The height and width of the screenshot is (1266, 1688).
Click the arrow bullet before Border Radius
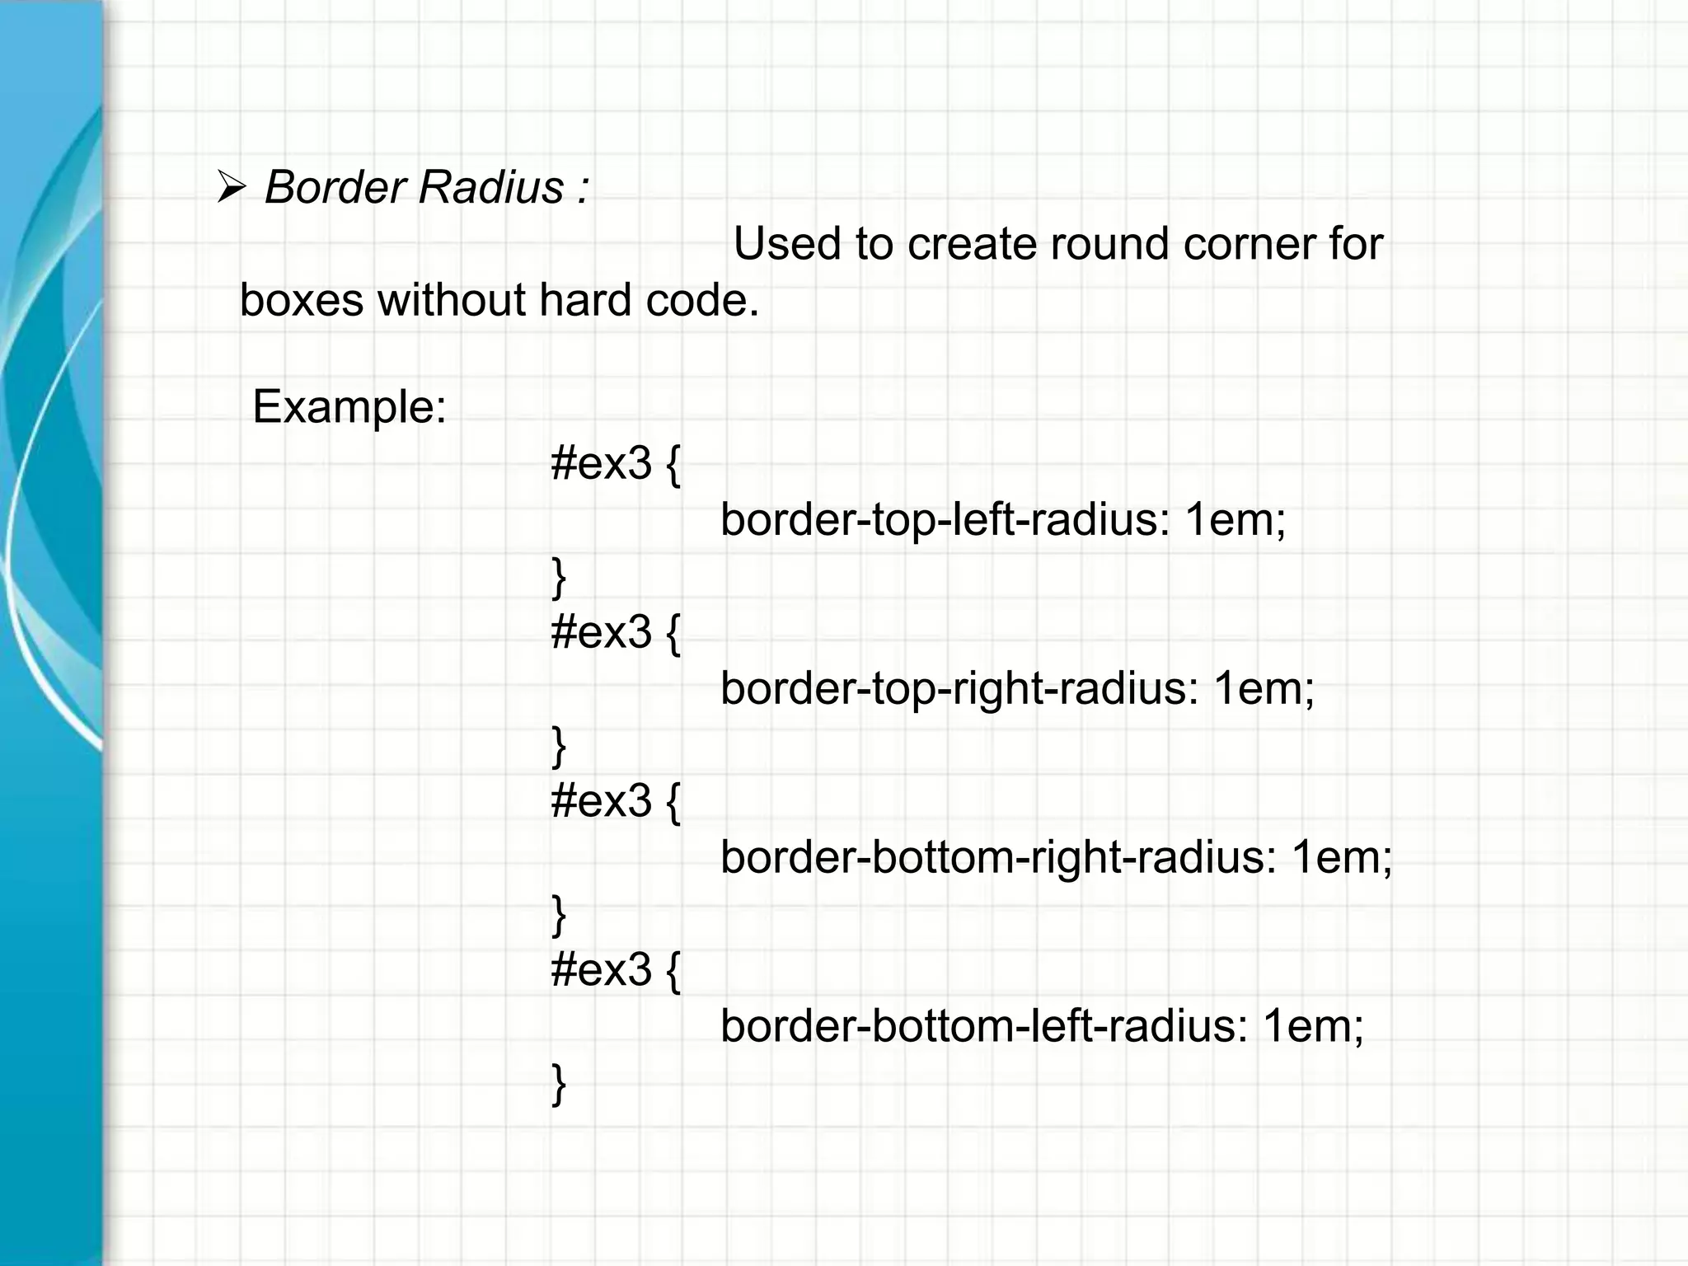pos(231,188)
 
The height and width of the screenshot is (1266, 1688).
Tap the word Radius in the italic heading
pos(490,187)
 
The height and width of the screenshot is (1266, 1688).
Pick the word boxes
pos(301,299)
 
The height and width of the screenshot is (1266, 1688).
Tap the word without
pos(452,299)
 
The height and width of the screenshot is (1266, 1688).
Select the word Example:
pos(349,406)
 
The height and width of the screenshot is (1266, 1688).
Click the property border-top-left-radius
pos(945,520)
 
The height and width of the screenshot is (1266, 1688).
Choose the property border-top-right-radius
pos(959,688)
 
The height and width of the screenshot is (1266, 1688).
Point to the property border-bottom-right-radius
pos(997,857)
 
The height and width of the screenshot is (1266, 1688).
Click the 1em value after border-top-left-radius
pos(1234,520)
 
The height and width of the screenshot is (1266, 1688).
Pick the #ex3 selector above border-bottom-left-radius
pos(602,969)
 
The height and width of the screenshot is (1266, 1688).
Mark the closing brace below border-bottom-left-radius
pos(559,1084)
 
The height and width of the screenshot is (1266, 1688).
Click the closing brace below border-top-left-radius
pos(559,577)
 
